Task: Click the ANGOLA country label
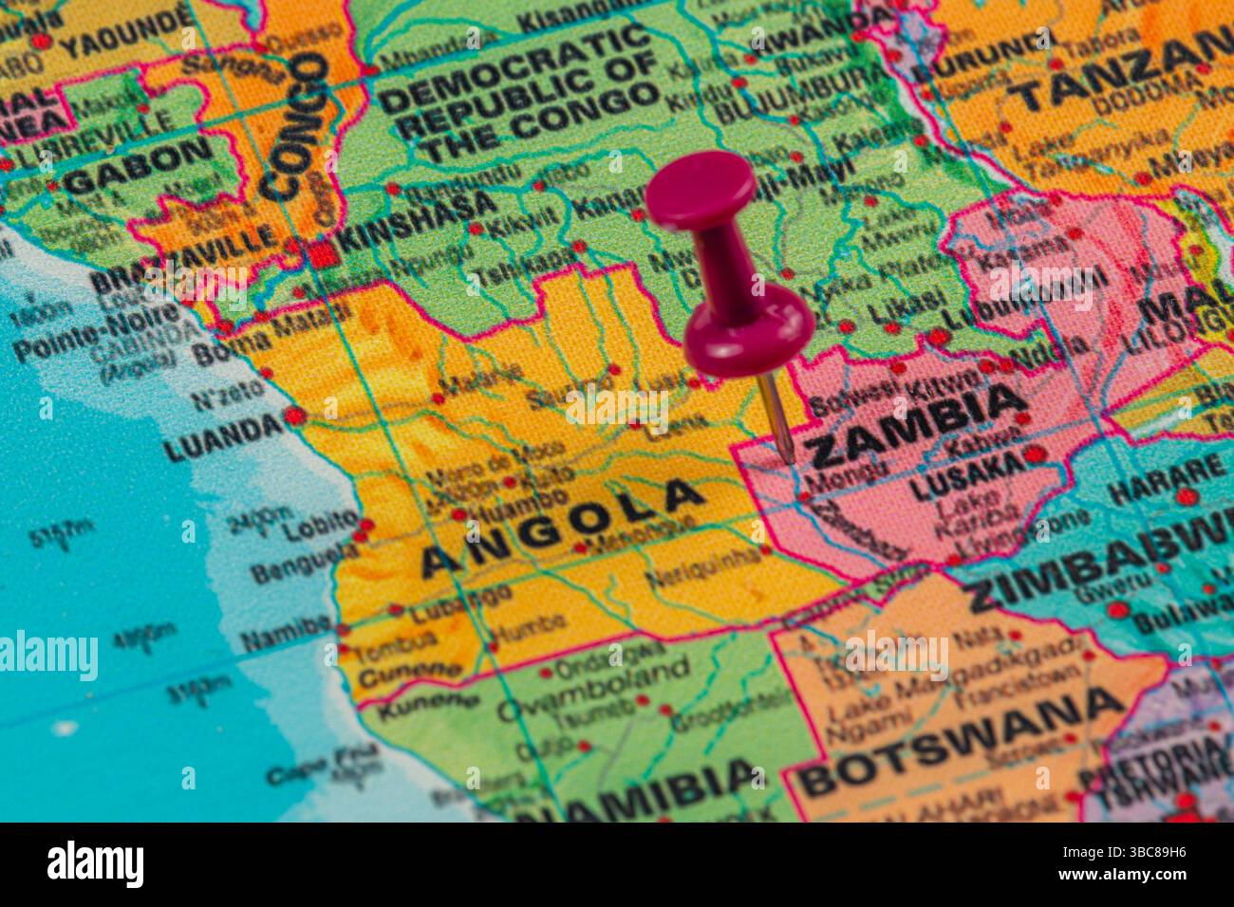(562, 527)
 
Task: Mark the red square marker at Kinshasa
(317, 252)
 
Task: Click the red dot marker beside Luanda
(293, 416)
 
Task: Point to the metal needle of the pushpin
(777, 417)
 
